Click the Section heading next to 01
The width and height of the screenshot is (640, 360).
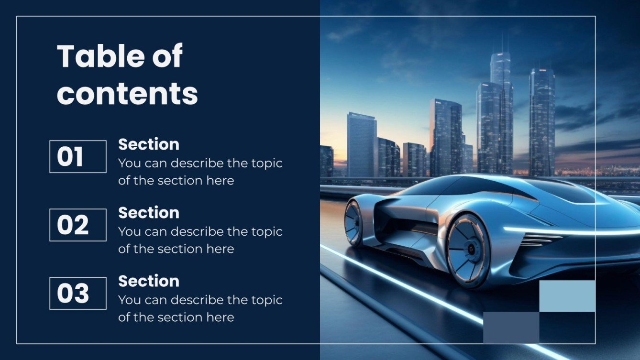click(149, 144)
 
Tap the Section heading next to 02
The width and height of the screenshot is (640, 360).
click(149, 213)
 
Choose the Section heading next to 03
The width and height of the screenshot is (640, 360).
click(149, 281)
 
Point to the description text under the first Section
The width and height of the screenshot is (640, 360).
click(200, 172)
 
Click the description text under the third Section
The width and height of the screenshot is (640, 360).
click(200, 308)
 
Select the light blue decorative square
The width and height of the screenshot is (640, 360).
click(567, 296)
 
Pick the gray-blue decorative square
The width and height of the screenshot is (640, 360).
click(511, 327)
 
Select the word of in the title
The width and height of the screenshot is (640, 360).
click(167, 56)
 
